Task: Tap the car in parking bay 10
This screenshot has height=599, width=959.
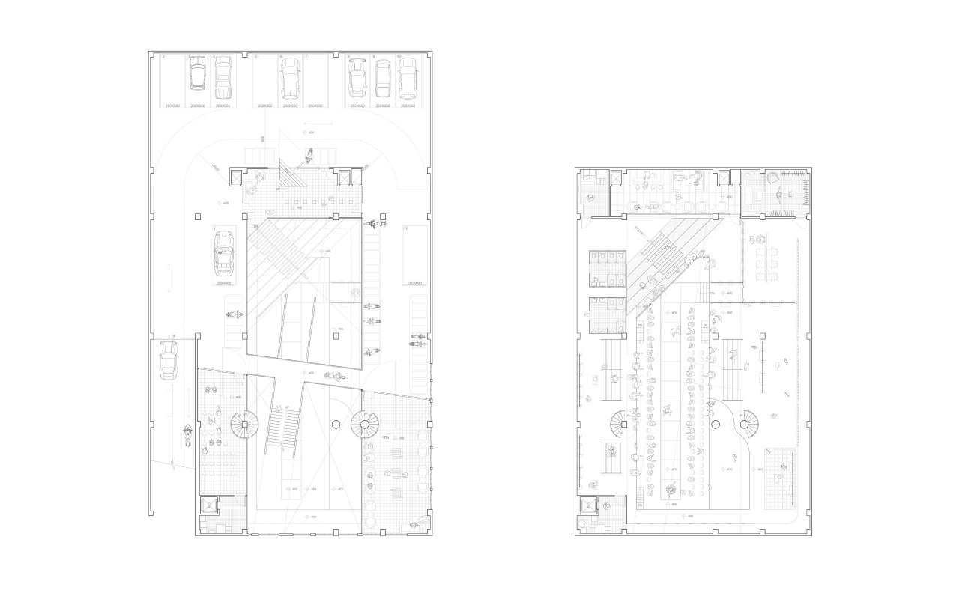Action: (408, 79)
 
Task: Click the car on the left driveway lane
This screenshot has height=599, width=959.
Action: (168, 360)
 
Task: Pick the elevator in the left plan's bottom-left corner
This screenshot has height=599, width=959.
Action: (208, 507)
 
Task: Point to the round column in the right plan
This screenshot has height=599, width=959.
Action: (716, 425)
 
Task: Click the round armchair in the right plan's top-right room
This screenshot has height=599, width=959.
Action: (772, 179)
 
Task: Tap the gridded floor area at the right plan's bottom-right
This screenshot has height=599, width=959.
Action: (780, 475)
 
